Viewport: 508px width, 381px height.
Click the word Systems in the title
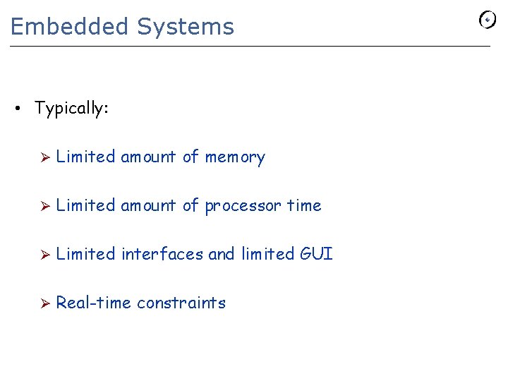[185, 27]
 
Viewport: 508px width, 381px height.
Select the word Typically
[71, 109]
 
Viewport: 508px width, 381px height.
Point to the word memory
[235, 157]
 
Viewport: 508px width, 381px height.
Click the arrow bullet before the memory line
[44, 157]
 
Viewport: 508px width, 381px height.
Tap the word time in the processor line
[304, 205]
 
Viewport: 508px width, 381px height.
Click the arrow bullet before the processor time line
[44, 206]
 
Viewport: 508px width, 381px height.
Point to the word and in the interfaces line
[222, 254]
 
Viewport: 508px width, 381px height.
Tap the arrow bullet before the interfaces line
[44, 255]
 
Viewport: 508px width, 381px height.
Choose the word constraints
[181, 303]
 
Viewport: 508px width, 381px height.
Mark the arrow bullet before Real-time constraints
[44, 303]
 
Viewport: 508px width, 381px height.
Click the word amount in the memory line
[149, 157]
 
